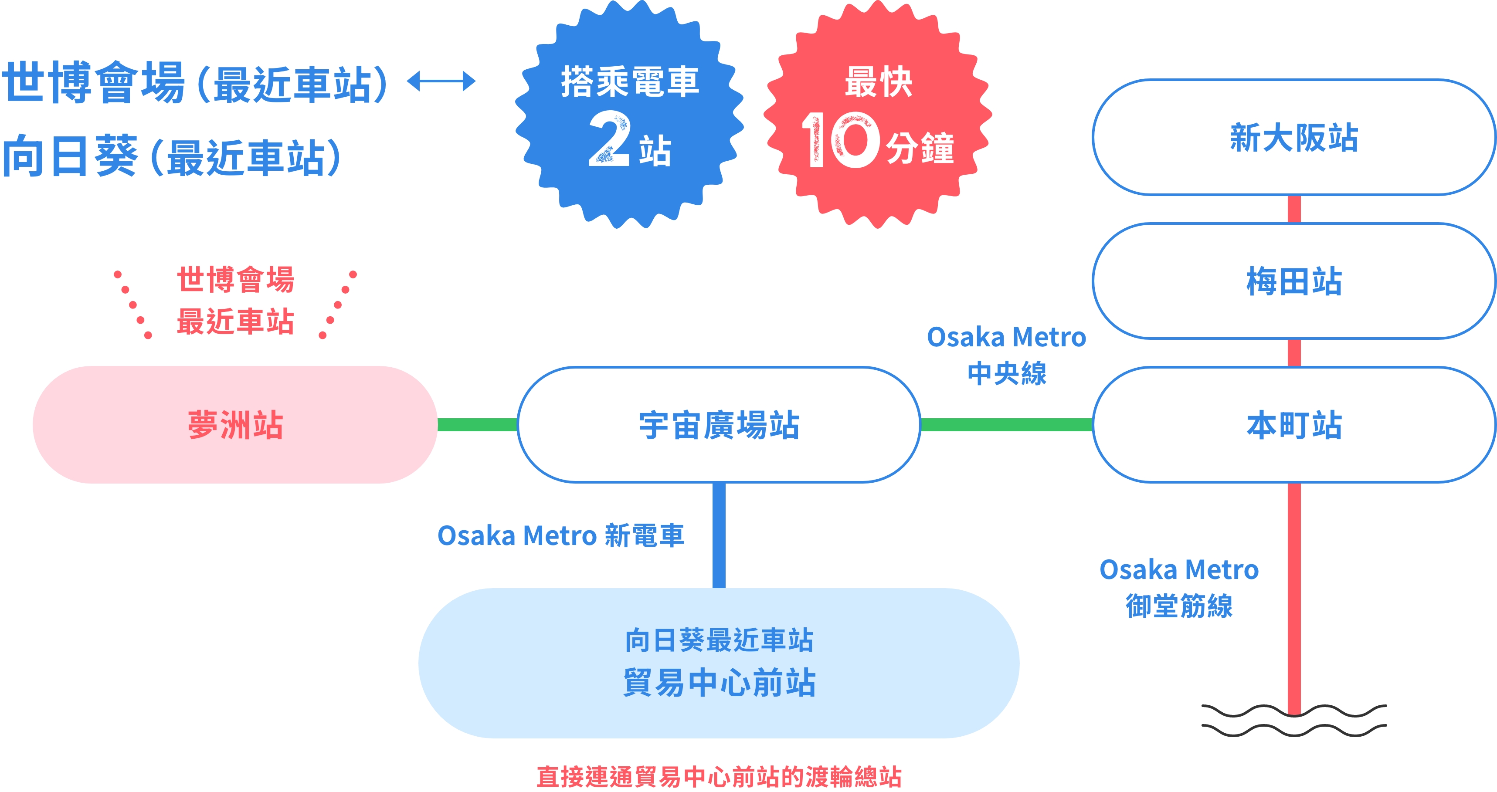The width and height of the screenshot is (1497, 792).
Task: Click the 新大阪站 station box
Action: tap(1293, 137)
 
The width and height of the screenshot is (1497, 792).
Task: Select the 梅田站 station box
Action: tap(1293, 281)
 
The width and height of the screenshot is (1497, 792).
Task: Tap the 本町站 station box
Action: tap(1293, 425)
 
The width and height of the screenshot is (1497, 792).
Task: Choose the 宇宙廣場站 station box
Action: tap(719, 425)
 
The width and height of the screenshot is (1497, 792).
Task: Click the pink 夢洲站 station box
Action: tap(235, 425)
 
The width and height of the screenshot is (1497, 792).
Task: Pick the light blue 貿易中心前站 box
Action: tap(719, 663)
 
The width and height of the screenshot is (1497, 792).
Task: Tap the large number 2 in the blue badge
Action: tap(609, 139)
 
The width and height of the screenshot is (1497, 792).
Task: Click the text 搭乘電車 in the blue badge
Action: tap(629, 82)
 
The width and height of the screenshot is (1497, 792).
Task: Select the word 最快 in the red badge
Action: tap(878, 82)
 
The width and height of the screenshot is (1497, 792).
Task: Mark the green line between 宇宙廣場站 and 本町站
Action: tap(1007, 425)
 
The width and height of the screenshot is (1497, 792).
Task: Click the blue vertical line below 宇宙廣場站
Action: tap(719, 535)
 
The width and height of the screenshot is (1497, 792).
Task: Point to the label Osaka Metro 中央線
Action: tap(1007, 355)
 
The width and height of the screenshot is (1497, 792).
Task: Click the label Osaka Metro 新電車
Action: tap(561, 535)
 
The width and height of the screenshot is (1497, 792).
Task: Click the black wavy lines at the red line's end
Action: tap(1293, 721)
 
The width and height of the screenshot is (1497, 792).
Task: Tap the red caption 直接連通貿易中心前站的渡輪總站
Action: tap(719, 776)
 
